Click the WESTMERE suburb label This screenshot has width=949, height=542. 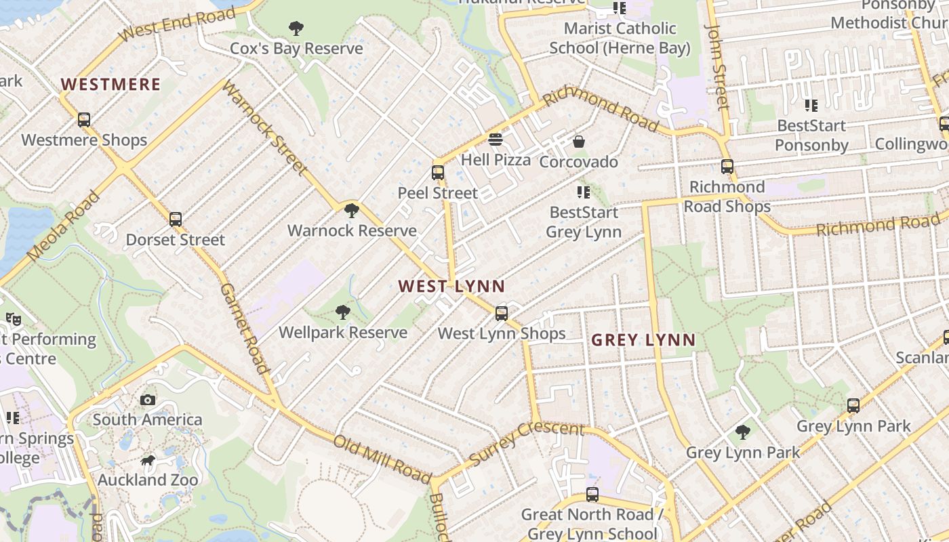[110, 85]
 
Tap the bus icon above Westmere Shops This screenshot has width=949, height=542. [84, 120]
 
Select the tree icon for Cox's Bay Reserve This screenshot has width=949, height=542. [296, 28]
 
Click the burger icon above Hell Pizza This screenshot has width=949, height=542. [496, 140]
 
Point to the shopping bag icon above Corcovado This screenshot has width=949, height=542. [579, 142]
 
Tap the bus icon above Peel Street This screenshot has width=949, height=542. [438, 172]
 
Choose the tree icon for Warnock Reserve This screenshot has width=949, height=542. [351, 210]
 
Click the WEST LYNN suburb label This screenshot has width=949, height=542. [452, 286]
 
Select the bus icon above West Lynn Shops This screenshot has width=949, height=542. [502, 313]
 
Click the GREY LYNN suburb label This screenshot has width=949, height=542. [643, 340]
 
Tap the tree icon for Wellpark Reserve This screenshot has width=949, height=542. [343, 312]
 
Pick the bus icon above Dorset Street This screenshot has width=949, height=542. [176, 220]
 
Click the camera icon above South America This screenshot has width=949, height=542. [148, 400]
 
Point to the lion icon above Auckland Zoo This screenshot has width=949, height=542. [148, 461]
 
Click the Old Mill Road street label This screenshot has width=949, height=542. [382, 459]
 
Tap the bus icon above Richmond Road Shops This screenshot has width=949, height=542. [727, 166]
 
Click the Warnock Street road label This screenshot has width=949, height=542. [265, 129]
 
